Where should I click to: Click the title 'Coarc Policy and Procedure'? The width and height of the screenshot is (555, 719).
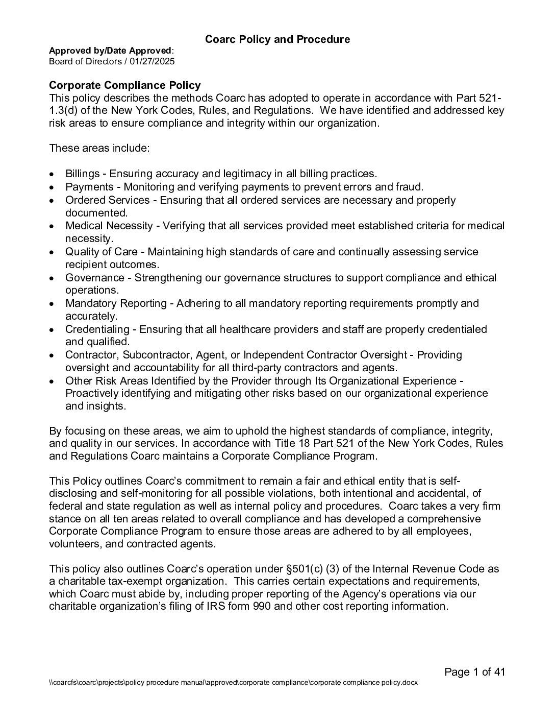point(277,39)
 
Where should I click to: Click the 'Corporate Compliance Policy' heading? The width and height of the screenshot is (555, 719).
point(124,85)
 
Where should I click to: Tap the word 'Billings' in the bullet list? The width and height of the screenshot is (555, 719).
point(82,174)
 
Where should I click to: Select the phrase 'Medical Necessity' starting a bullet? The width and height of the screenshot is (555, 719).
point(109,226)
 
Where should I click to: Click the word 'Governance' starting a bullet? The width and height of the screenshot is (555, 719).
point(94,278)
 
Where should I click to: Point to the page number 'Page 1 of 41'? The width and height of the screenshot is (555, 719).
point(474,672)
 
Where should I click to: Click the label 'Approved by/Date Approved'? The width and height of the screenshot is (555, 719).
point(110,51)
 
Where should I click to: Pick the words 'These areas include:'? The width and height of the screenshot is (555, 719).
point(99,148)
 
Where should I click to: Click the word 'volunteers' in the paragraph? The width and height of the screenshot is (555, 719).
point(72,544)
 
